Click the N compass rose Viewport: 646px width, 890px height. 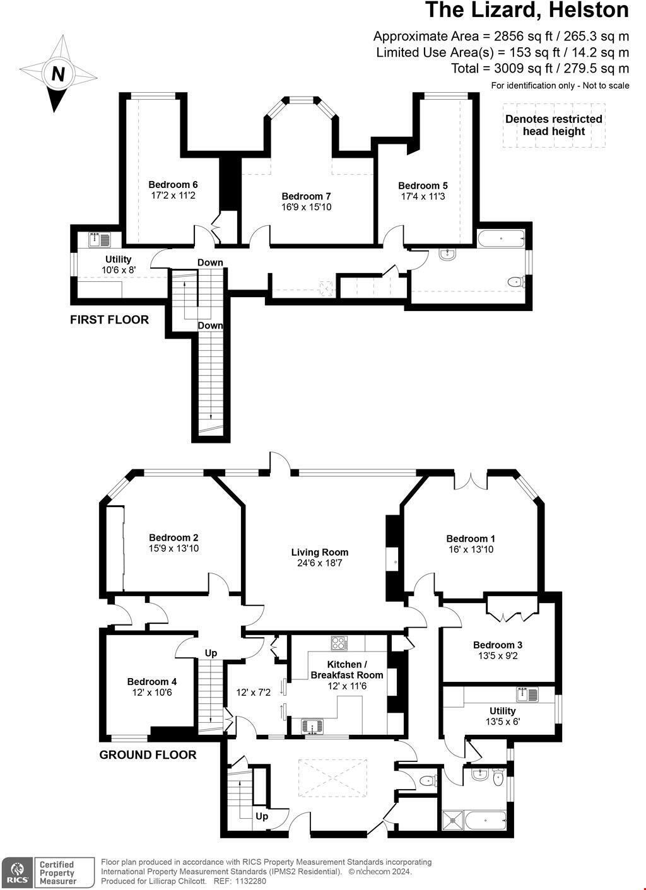click(x=58, y=74)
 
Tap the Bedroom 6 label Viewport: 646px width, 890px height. click(x=173, y=185)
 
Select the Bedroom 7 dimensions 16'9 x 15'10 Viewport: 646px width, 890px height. click(x=306, y=207)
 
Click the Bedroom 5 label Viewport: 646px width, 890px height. click(x=423, y=185)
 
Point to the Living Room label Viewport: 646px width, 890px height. click(x=319, y=552)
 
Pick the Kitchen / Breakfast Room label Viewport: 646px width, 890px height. click(x=346, y=669)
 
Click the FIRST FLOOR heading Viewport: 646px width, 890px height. click(x=109, y=320)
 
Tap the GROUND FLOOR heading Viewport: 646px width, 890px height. click(x=148, y=754)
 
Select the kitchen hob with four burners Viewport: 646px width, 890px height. click(x=339, y=643)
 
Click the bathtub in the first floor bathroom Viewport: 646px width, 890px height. click(x=501, y=239)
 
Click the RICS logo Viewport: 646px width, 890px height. click(x=16, y=873)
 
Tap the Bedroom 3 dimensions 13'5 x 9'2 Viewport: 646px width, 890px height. click(x=497, y=656)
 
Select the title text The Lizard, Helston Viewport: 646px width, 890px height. click(x=527, y=11)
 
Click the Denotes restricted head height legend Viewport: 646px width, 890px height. click(x=553, y=125)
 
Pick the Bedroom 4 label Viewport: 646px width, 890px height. click(x=151, y=681)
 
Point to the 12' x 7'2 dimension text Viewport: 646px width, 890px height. click(x=253, y=693)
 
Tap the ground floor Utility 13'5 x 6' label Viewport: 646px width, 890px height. click(x=502, y=716)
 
